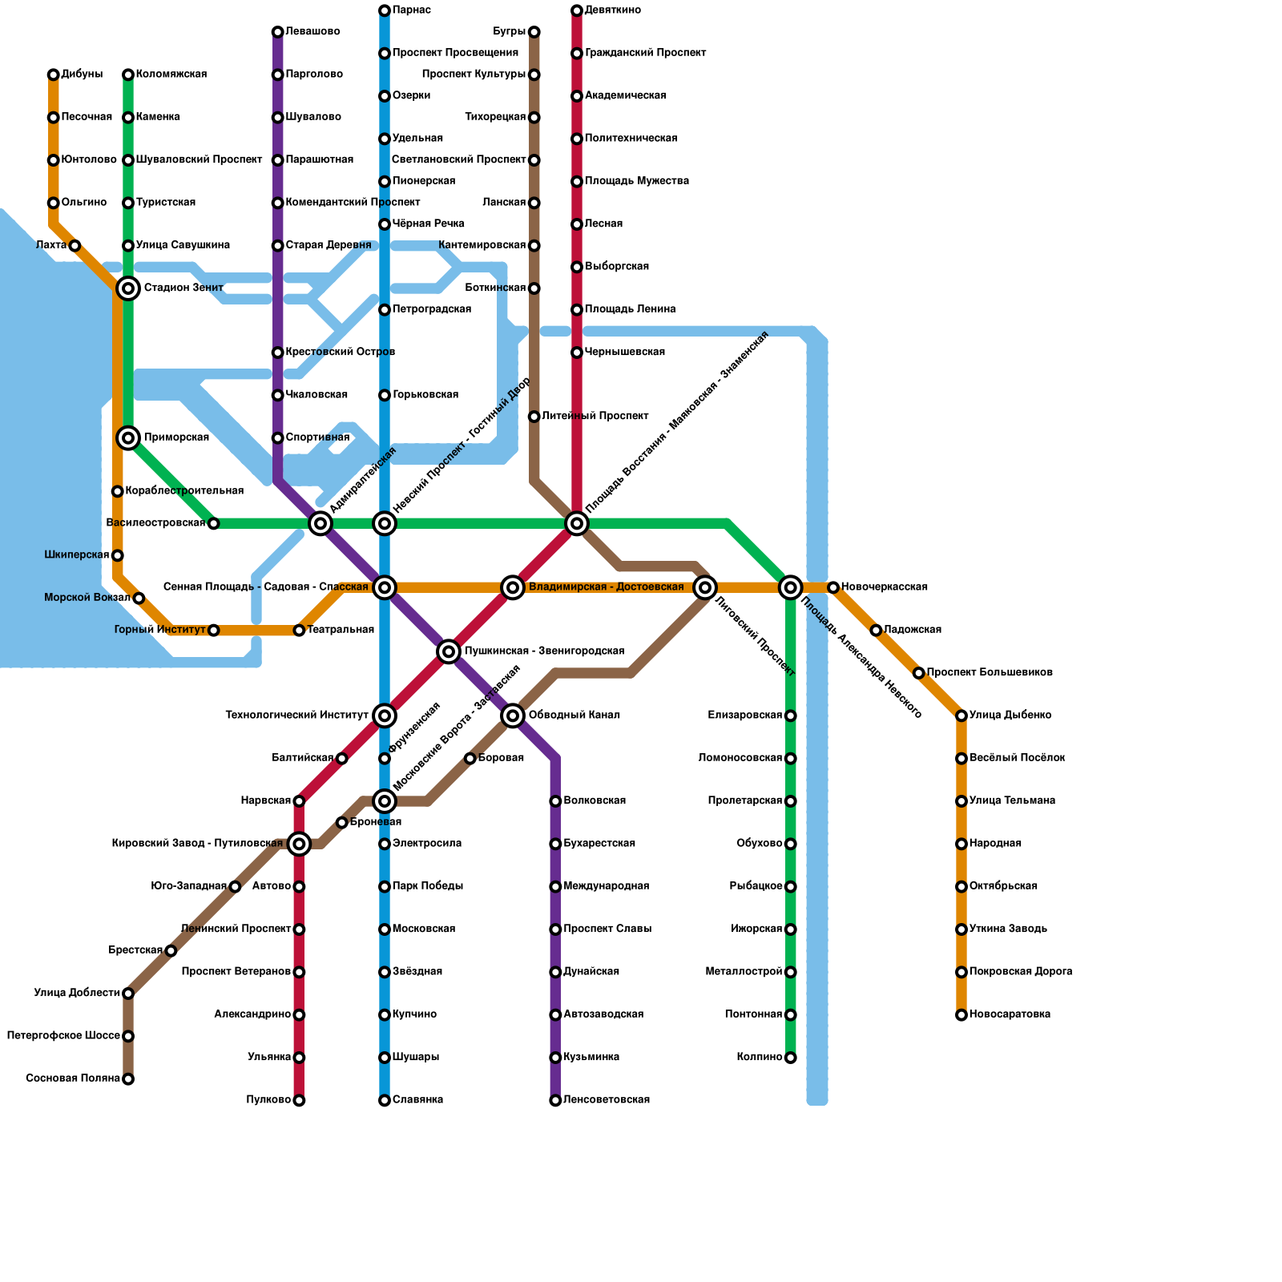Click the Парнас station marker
point(385,10)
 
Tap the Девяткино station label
point(613,10)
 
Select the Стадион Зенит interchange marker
point(128,288)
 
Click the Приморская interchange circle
point(128,437)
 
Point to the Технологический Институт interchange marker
point(385,716)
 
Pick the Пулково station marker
point(299,1100)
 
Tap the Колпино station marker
point(791,1058)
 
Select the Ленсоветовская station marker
point(555,1100)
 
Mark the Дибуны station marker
point(54,75)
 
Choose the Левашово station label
point(312,32)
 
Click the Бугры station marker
point(534,32)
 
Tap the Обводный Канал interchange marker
point(513,716)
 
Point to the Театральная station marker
point(299,631)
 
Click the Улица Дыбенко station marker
point(961,716)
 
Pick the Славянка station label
point(417,1100)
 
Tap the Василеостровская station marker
point(213,523)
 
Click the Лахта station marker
point(75,245)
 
